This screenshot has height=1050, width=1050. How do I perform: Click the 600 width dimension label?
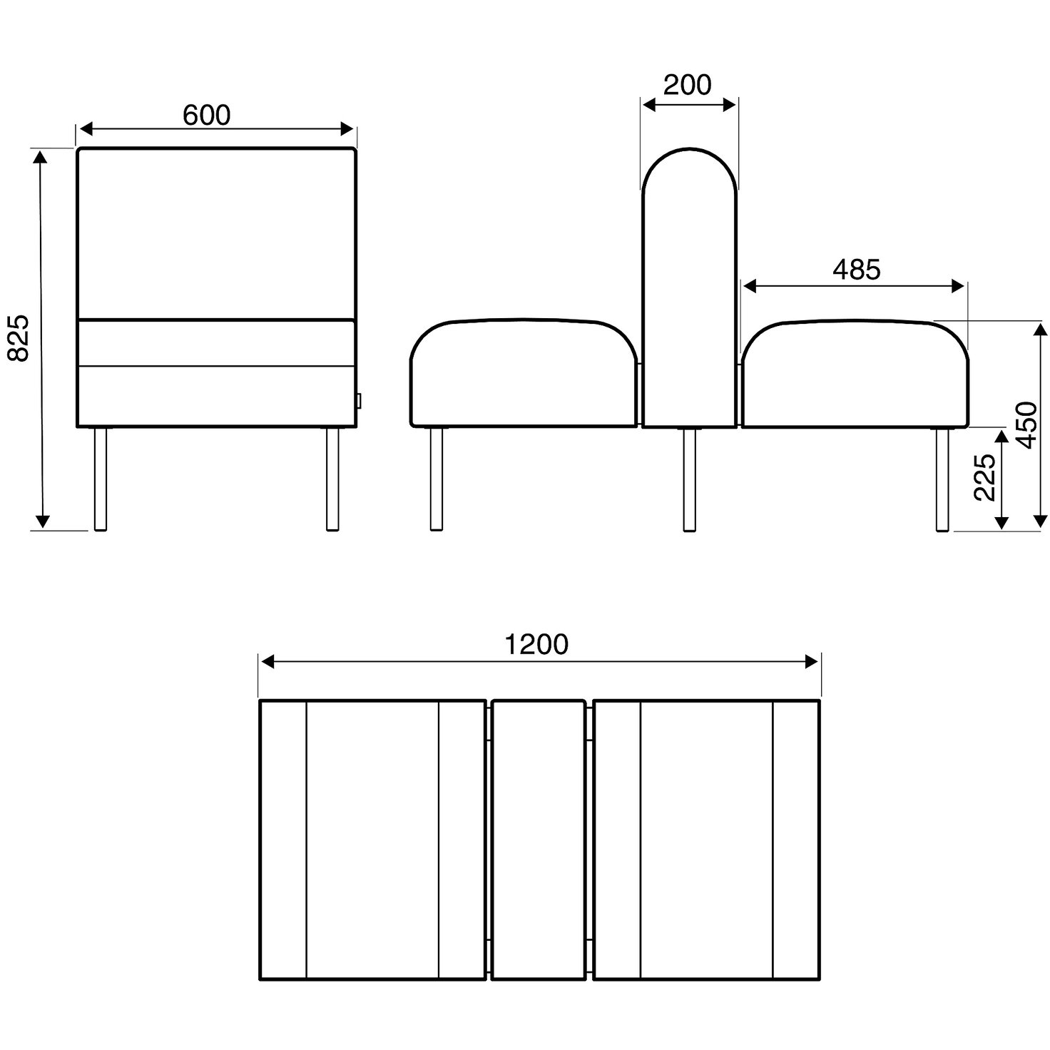click(207, 115)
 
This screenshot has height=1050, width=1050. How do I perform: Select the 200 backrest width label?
click(687, 84)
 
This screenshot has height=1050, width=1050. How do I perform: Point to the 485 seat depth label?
click(857, 269)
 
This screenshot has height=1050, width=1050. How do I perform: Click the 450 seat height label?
click(1027, 425)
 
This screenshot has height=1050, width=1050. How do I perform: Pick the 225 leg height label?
click(984, 477)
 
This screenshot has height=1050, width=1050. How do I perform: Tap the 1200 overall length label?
click(536, 645)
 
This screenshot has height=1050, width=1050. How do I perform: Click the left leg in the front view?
click(101, 479)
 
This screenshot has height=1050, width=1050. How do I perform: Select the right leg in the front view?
click(332, 479)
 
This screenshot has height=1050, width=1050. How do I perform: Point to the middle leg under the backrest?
click(689, 479)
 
